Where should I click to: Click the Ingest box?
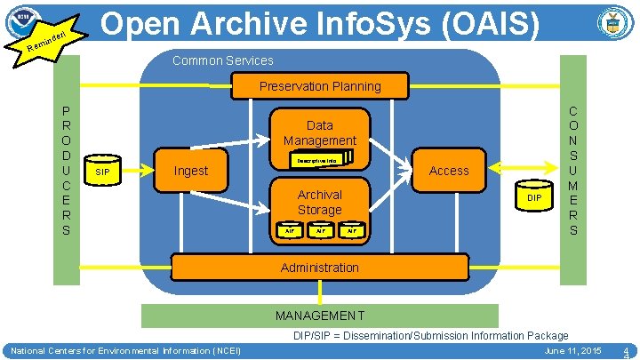click(190, 171)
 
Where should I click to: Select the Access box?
click(449, 170)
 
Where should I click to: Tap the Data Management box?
click(320, 132)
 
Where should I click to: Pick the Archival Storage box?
click(319, 202)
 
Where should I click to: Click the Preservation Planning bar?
click(320, 86)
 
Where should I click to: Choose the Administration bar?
click(320, 267)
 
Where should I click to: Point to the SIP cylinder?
click(102, 170)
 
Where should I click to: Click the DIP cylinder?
click(533, 197)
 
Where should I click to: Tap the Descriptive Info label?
click(316, 161)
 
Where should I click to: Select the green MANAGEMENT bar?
click(320, 315)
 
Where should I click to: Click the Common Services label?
click(222, 60)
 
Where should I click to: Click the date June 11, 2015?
click(572, 351)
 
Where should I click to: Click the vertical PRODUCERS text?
click(65, 170)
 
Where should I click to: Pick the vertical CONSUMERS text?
click(573, 170)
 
